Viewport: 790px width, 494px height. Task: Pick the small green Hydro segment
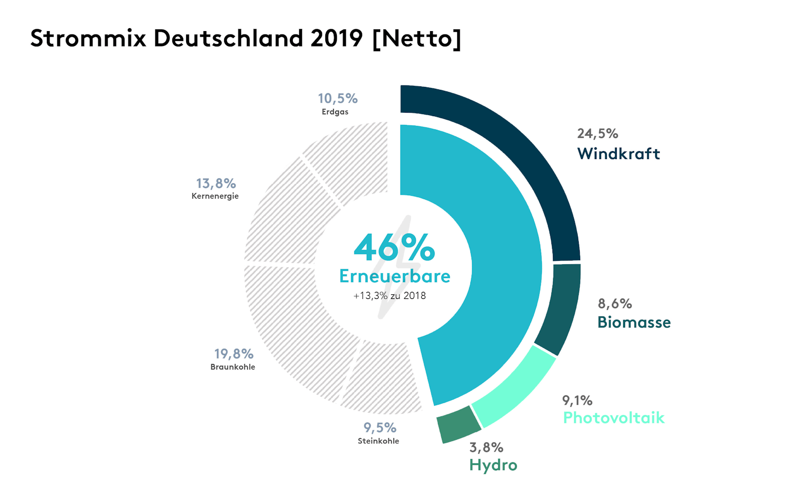[x=458, y=424]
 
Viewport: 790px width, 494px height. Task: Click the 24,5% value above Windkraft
[x=597, y=133]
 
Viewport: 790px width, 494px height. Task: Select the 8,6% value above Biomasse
[x=615, y=303]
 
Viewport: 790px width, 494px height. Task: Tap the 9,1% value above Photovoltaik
[x=577, y=400]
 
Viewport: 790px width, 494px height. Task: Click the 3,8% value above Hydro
[x=486, y=447]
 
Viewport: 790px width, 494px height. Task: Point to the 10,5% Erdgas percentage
[x=338, y=98]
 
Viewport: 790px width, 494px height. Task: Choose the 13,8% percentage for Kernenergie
[x=216, y=183]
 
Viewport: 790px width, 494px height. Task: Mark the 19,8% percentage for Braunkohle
[x=234, y=354]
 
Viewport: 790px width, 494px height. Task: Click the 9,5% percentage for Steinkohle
[x=380, y=427]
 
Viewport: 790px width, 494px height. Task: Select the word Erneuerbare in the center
[x=395, y=276]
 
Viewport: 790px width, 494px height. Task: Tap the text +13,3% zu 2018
[x=390, y=296]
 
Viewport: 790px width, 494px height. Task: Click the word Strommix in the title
[x=88, y=38]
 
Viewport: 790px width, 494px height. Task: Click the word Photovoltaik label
[x=614, y=418]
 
